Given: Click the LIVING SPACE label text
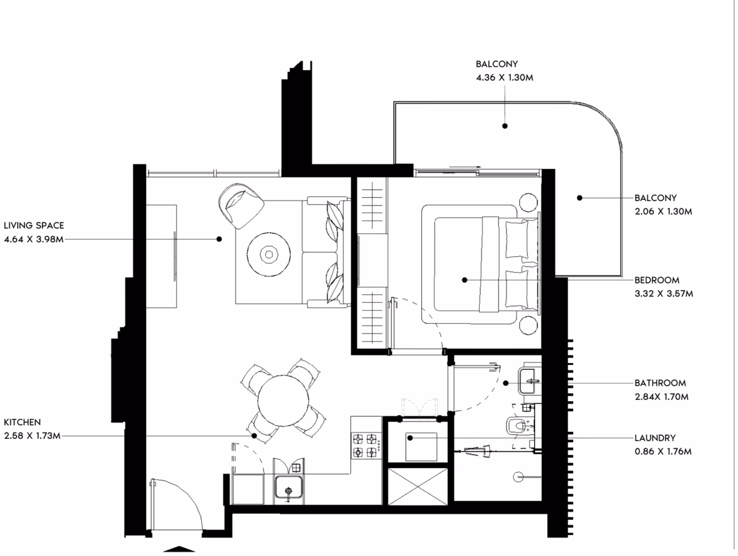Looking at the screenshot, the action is click(x=34, y=225).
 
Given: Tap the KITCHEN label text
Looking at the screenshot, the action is click(x=22, y=422).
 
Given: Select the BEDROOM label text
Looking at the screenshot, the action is click(x=657, y=280).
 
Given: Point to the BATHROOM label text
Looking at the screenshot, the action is click(x=661, y=383).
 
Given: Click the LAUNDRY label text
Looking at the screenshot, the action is click(x=655, y=438).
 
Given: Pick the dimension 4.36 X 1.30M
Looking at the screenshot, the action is click(x=504, y=77).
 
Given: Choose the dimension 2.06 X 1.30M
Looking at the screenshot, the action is click(x=664, y=211).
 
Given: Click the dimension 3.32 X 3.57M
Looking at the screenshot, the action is click(x=664, y=294).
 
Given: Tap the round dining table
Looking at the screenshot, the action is click(x=283, y=401).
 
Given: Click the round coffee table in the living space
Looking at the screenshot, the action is click(x=269, y=254).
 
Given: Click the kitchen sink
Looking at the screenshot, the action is click(x=289, y=487).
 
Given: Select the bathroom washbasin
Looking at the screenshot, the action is click(x=530, y=381).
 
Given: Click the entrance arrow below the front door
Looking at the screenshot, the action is click(x=179, y=549).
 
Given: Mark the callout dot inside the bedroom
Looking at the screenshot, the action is click(x=465, y=280).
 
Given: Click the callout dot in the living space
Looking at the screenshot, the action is click(x=219, y=239).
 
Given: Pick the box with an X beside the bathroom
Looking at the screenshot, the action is click(x=418, y=487).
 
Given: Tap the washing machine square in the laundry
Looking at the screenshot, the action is click(x=421, y=447).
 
